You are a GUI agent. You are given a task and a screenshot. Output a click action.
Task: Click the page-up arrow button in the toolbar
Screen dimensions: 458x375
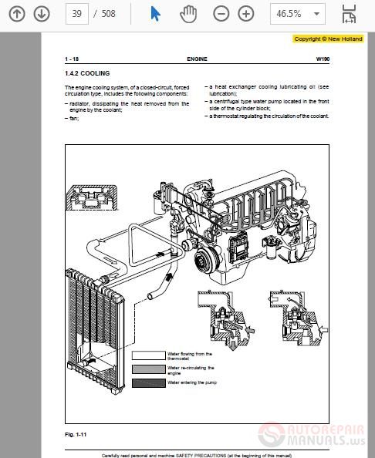(18, 14)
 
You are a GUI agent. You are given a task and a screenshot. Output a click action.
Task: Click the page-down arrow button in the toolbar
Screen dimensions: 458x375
(42, 14)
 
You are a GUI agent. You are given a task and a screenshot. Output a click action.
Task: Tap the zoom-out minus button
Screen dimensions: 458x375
(221, 14)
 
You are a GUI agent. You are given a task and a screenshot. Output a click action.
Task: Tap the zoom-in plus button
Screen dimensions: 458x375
(245, 14)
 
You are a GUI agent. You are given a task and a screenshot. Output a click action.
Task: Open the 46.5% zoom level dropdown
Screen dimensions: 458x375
(296, 14)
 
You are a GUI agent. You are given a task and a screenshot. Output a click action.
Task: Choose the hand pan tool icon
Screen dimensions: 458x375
(187, 14)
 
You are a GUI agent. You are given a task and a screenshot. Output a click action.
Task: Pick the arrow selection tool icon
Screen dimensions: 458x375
(155, 14)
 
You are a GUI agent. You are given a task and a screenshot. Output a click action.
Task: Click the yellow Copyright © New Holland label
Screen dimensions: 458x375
(328, 39)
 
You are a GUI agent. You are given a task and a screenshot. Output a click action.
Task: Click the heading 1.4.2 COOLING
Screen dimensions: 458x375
(87, 73)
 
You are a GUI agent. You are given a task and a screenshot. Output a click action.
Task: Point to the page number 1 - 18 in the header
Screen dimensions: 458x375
(73, 59)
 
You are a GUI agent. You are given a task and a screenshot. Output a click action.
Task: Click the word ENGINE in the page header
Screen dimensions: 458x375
(196, 59)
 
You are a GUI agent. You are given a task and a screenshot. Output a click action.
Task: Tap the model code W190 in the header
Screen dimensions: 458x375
(322, 59)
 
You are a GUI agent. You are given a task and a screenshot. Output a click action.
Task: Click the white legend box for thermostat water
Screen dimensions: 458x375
(148, 355)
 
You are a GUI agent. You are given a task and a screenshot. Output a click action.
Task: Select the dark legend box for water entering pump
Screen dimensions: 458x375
(148, 382)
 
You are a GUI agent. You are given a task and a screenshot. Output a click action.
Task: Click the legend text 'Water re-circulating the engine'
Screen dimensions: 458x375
(190, 369)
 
